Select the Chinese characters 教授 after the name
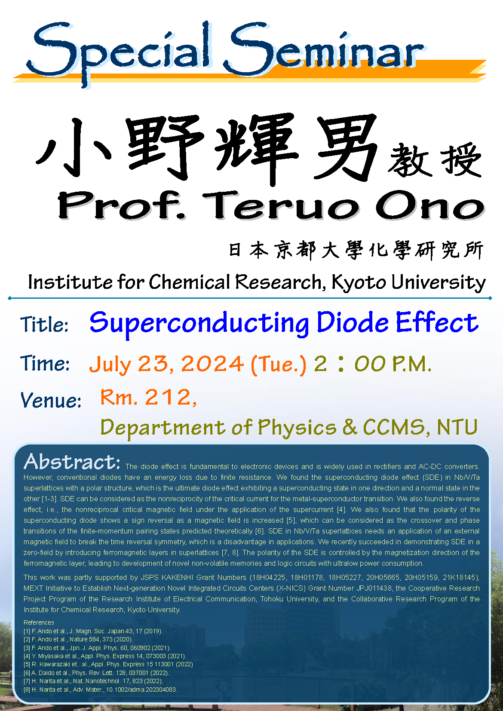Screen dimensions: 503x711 tap(435, 160)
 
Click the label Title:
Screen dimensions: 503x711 tap(44, 325)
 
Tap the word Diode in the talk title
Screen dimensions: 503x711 tap(352, 322)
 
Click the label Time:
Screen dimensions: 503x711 tap(45, 363)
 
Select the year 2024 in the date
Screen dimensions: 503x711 tap(212, 364)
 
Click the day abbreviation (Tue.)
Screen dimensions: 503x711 tap(278, 365)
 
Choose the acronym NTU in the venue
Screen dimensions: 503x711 tap(457, 427)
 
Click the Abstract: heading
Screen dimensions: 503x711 tap(72, 462)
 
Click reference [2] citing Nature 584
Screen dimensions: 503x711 tap(78, 639)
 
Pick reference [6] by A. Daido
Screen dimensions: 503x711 tap(96, 673)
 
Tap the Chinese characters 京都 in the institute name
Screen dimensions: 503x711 tap(295, 250)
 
